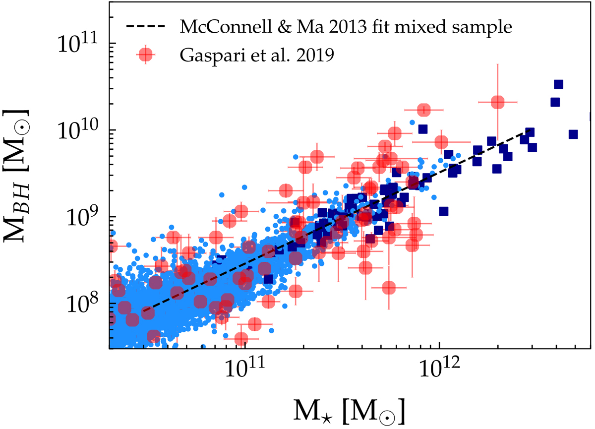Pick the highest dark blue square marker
click(x=558, y=85)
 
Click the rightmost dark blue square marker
click(x=573, y=134)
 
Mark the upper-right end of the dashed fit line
click(x=531, y=131)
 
